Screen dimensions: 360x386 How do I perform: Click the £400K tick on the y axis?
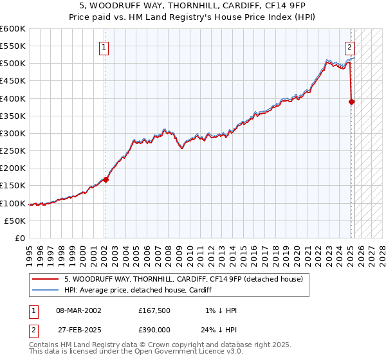(13, 98)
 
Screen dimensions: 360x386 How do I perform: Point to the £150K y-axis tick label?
(13, 186)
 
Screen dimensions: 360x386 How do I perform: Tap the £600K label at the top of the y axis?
(13, 29)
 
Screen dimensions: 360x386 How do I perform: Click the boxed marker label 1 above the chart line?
(104, 46)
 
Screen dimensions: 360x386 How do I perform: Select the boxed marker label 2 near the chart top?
(349, 46)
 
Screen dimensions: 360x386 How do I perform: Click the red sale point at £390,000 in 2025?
(351, 102)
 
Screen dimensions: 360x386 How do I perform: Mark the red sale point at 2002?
(106, 179)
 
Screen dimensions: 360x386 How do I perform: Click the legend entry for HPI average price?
(142, 290)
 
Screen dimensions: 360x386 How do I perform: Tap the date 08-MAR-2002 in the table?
(78, 310)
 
